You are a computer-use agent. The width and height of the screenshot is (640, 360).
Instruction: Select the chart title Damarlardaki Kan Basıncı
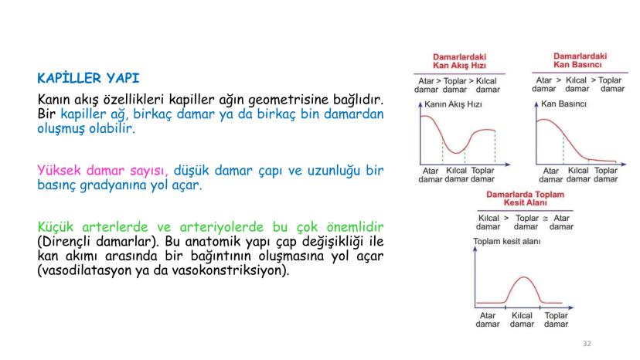coord(580,61)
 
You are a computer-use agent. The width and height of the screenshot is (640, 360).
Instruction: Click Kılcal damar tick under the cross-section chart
coord(522,319)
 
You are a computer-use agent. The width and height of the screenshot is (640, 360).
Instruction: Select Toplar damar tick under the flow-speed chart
coord(482,175)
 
